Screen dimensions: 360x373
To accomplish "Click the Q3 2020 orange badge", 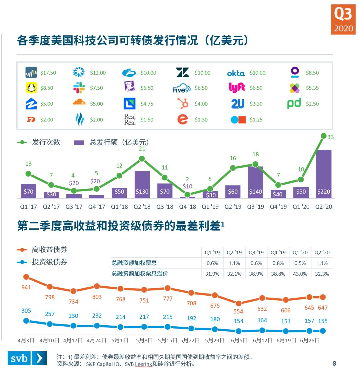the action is [343, 19].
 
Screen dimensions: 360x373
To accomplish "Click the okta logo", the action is [236, 73].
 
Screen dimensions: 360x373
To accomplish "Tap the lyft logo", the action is [237, 88].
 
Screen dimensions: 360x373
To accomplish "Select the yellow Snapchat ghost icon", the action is [31, 88].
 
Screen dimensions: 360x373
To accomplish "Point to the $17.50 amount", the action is [48, 73].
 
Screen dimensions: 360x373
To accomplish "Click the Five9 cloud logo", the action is [181, 88].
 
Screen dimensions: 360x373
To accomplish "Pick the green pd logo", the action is [294, 103].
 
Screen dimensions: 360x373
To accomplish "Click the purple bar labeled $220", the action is [324, 174].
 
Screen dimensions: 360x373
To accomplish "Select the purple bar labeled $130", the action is [142, 185].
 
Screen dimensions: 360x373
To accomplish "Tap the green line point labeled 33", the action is [324, 136].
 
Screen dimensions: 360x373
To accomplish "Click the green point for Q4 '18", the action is [187, 195].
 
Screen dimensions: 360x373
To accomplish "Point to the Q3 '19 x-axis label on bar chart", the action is [256, 207].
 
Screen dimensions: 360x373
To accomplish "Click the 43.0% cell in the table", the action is [300, 274].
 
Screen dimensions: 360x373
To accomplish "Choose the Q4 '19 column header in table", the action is [278, 252].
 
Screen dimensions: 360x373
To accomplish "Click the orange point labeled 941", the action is [26, 277].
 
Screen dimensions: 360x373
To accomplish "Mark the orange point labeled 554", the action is [238, 303].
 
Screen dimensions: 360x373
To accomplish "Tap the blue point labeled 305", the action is [26, 321].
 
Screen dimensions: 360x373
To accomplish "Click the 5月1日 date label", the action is [120, 340].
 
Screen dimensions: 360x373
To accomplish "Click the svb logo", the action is [27, 358].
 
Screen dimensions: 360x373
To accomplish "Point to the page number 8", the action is [334, 363].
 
